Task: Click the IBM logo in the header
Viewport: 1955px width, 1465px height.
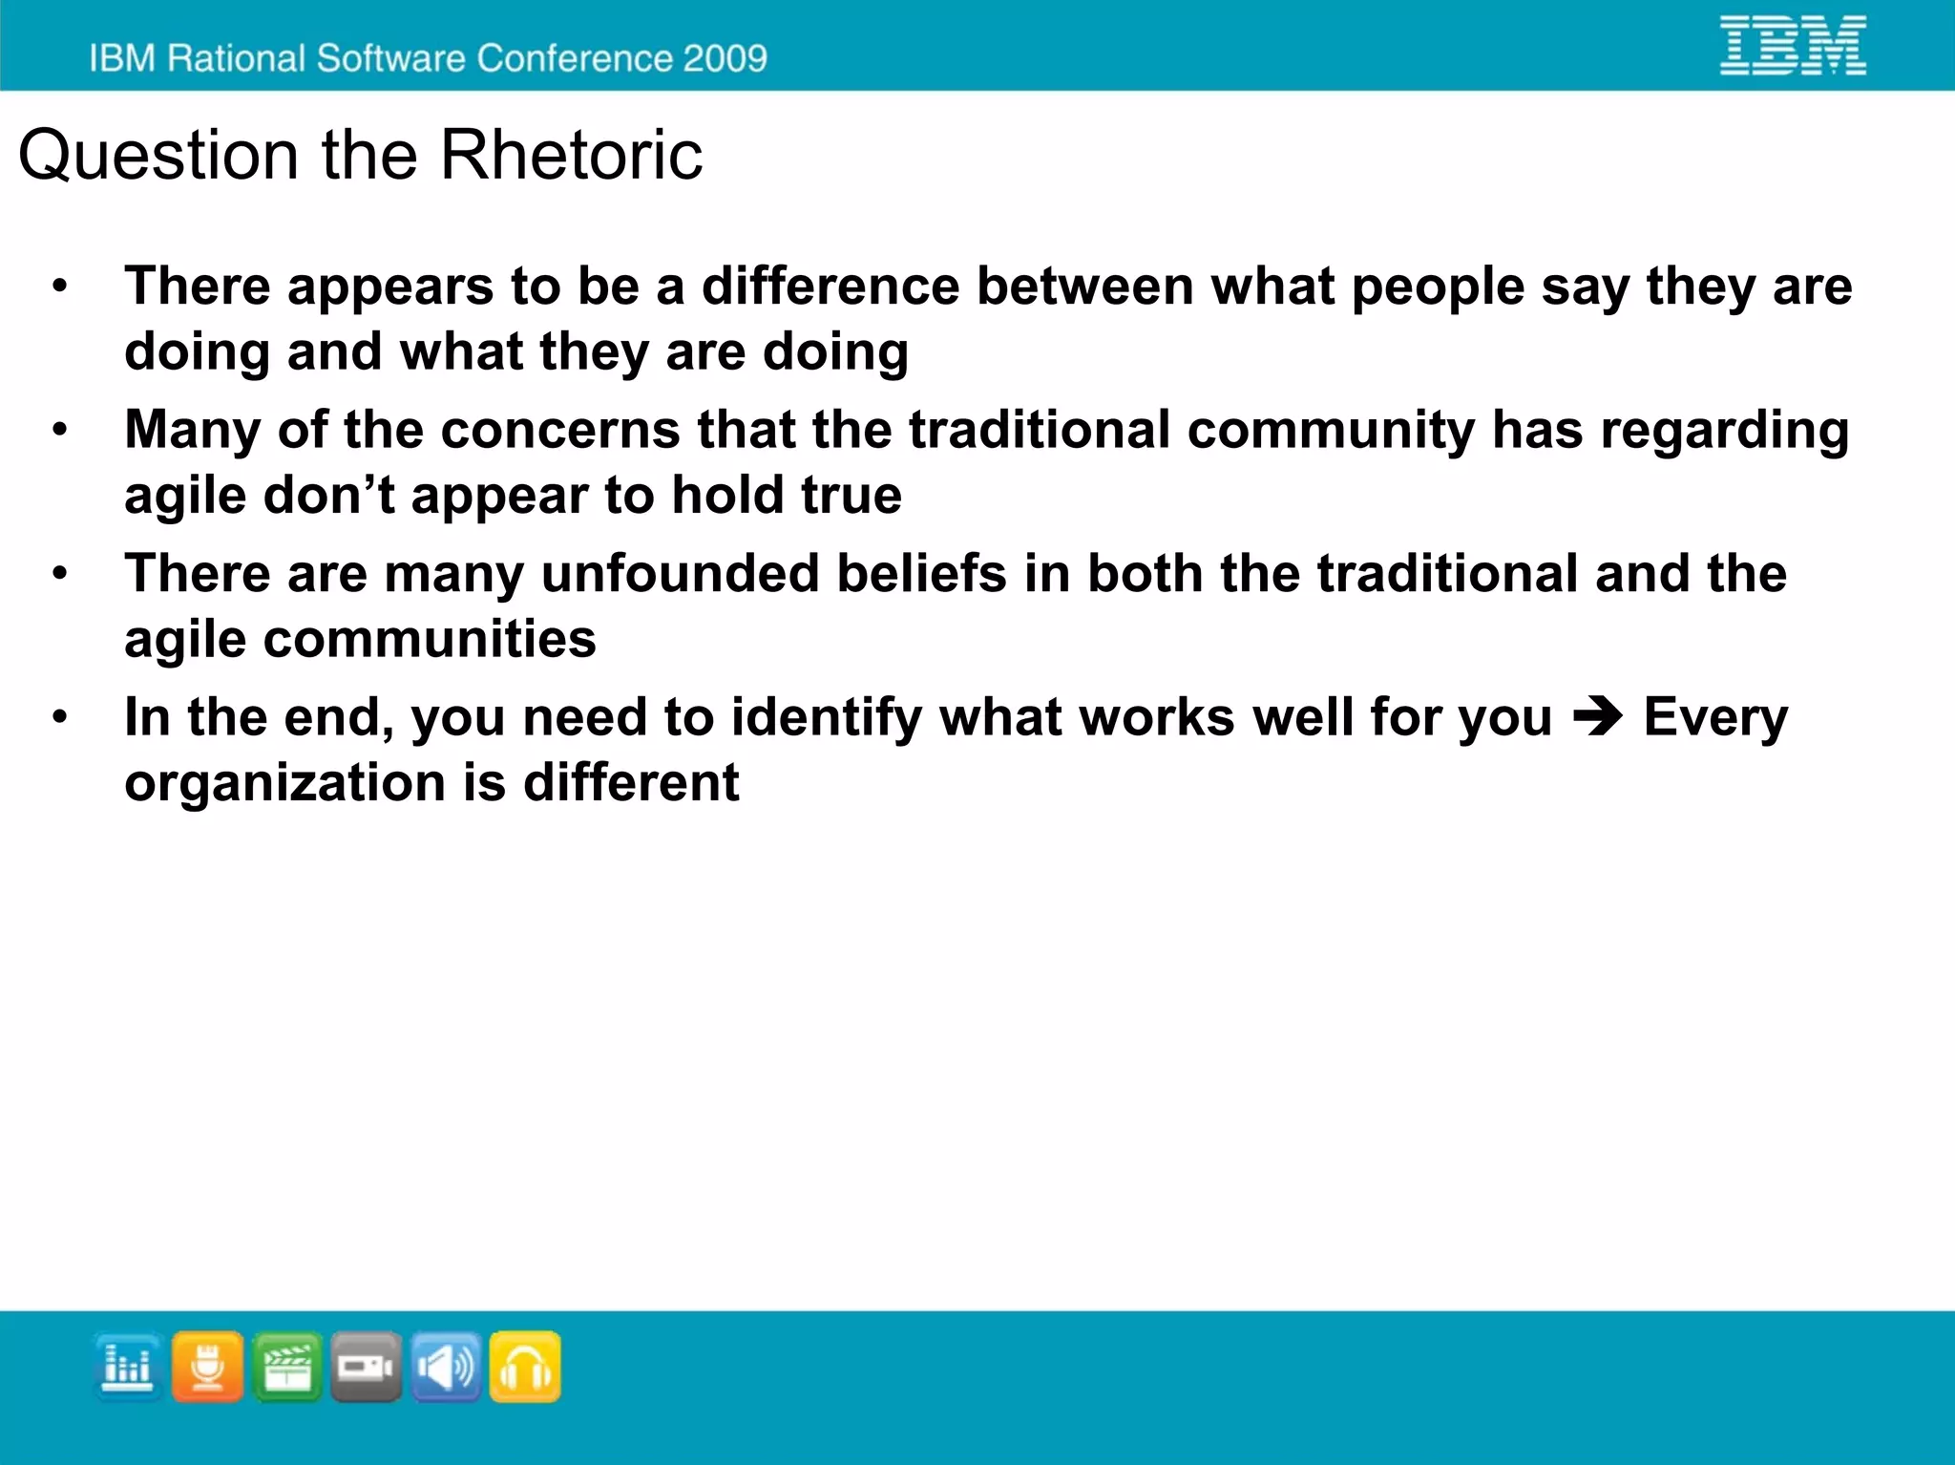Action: tap(1792, 45)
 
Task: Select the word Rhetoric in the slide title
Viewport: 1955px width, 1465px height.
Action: tap(570, 155)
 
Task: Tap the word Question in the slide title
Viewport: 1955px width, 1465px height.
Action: tap(158, 157)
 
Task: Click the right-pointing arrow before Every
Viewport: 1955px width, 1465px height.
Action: tap(1597, 717)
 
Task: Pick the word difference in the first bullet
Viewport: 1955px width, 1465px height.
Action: tap(830, 287)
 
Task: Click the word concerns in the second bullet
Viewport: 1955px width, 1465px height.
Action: tap(560, 430)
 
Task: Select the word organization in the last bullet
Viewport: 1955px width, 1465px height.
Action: tap(285, 783)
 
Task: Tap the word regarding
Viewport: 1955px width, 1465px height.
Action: tap(1724, 430)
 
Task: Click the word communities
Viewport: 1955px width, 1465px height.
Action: tap(430, 639)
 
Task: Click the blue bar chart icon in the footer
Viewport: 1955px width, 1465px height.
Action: tap(127, 1367)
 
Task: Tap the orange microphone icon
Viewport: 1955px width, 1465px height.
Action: tap(207, 1367)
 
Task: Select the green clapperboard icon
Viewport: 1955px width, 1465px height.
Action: tap(286, 1367)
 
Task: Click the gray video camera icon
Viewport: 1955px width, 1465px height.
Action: tap(367, 1367)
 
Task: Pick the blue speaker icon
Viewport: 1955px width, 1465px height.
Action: tap(446, 1367)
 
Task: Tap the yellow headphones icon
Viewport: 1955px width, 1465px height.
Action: tap(525, 1367)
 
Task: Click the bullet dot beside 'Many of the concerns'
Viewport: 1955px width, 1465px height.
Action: tap(60, 430)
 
